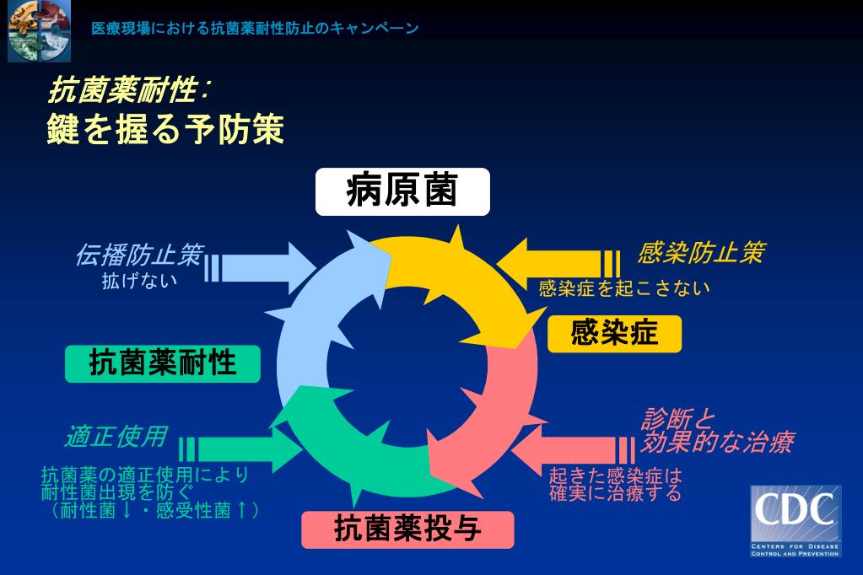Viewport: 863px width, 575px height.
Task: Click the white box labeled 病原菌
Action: (402, 192)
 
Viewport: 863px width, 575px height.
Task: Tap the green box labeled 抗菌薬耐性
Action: (163, 364)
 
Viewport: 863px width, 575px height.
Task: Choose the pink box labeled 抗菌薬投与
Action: (407, 529)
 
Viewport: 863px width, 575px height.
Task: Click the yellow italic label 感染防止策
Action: (701, 253)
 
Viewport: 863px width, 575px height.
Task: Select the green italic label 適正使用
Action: (116, 437)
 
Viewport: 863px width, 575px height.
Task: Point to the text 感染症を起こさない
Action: (624, 288)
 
